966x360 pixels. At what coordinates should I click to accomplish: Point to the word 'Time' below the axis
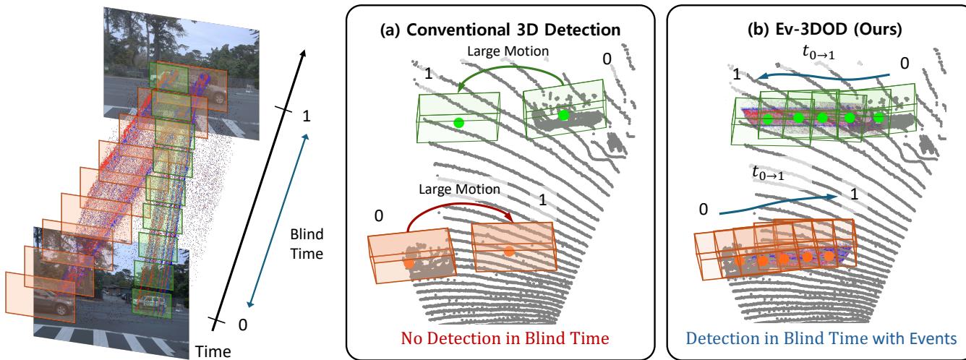pyautogui.click(x=213, y=351)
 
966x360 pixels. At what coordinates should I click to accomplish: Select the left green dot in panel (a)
pyautogui.click(x=458, y=123)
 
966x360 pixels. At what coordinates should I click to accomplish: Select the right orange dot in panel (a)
pyautogui.click(x=509, y=251)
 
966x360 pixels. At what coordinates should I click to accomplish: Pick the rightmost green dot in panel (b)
pyautogui.click(x=879, y=117)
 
